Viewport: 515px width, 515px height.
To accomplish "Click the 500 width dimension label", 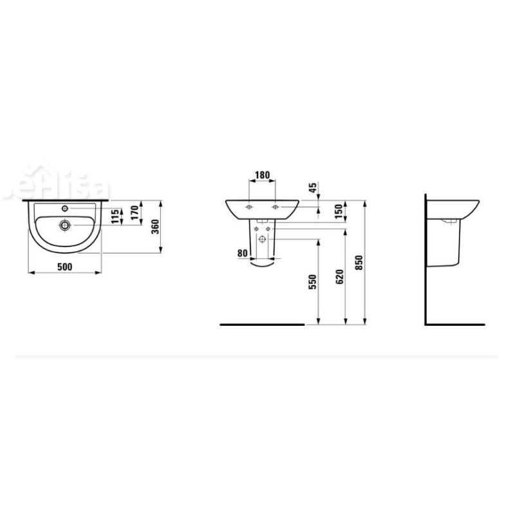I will click(x=64, y=266).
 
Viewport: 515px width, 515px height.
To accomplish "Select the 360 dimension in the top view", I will click(x=154, y=227).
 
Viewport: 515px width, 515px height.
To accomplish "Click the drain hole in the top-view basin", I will click(x=64, y=225).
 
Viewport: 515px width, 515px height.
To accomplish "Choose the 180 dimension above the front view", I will click(x=262, y=174).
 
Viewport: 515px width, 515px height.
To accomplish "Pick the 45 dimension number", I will click(x=313, y=188).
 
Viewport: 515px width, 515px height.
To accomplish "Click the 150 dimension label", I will click(x=341, y=211).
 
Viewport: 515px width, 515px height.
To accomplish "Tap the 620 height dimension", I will click(x=341, y=276).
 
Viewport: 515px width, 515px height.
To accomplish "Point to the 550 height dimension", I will click(x=314, y=281).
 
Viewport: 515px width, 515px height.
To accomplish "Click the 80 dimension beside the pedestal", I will click(x=242, y=254).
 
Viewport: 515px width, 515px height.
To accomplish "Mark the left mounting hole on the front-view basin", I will click(x=248, y=207).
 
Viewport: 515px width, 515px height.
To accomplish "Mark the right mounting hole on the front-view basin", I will click(x=276, y=207).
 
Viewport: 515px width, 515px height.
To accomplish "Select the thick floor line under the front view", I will click(x=261, y=324).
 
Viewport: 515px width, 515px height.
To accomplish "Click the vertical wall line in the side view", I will click(x=427, y=257).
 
